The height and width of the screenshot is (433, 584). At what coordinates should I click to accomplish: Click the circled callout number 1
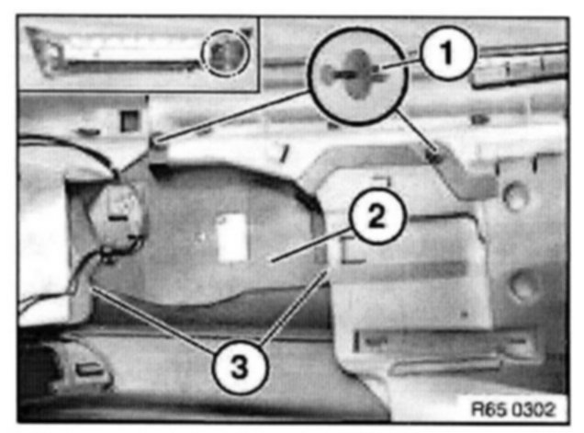pyautogui.click(x=448, y=52)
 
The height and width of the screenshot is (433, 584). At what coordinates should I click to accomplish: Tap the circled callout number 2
pyautogui.click(x=376, y=216)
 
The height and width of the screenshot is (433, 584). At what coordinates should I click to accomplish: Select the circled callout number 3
pyautogui.click(x=240, y=366)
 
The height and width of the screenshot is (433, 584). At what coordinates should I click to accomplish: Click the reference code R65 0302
pyautogui.click(x=513, y=409)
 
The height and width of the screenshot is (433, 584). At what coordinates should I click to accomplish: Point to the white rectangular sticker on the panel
pyautogui.click(x=233, y=237)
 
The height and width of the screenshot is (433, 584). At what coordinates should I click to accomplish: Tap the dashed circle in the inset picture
pyautogui.click(x=225, y=53)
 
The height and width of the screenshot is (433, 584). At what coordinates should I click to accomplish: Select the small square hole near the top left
pyautogui.click(x=129, y=120)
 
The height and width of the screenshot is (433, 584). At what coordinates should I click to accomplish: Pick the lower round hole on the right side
pyautogui.click(x=522, y=286)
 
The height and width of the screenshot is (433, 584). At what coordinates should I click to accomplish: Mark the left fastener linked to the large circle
pyautogui.click(x=158, y=142)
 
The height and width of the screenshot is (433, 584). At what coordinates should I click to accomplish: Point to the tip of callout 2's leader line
pyautogui.click(x=272, y=261)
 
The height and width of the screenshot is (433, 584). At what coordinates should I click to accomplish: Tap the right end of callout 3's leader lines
pyautogui.click(x=327, y=273)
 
